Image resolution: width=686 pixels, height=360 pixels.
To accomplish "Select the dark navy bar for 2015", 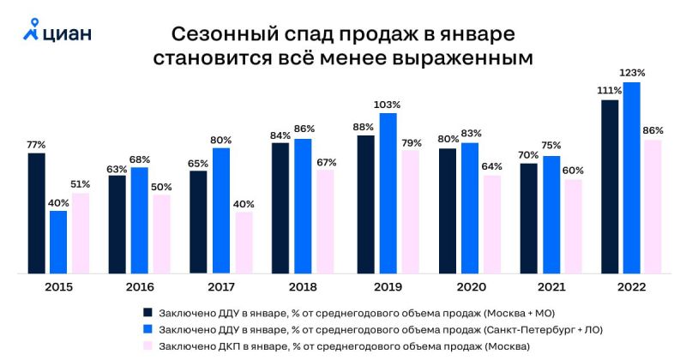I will [x=37, y=213].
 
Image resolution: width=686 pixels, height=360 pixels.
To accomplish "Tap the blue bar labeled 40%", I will [x=58, y=242].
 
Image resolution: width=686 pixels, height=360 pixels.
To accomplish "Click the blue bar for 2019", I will [x=388, y=193].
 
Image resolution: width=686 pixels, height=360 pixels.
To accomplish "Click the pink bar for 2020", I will [x=491, y=224].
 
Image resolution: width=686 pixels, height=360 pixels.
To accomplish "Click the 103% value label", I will [x=388, y=105].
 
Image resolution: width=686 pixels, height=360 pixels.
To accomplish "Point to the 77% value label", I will [x=36, y=145].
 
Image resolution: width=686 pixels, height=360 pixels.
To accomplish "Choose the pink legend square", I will [x=147, y=345].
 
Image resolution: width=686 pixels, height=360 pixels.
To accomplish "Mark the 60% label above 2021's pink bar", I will [x=573, y=170].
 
